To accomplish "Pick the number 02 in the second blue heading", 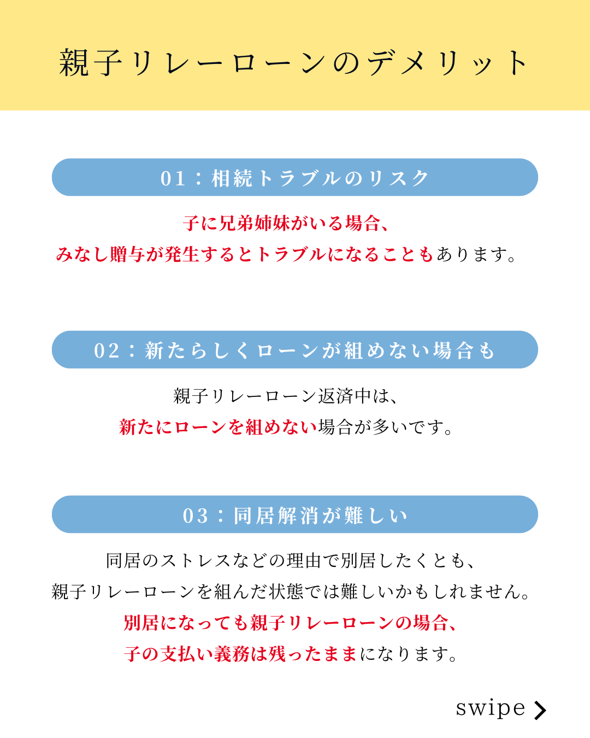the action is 107,351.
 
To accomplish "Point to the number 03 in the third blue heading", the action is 196,516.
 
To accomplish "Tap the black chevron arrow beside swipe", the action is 540,710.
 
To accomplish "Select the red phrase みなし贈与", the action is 100,254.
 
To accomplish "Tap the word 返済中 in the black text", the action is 345,396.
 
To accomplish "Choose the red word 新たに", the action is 146,427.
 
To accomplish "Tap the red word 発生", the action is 182,254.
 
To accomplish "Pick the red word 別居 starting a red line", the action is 141,623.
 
